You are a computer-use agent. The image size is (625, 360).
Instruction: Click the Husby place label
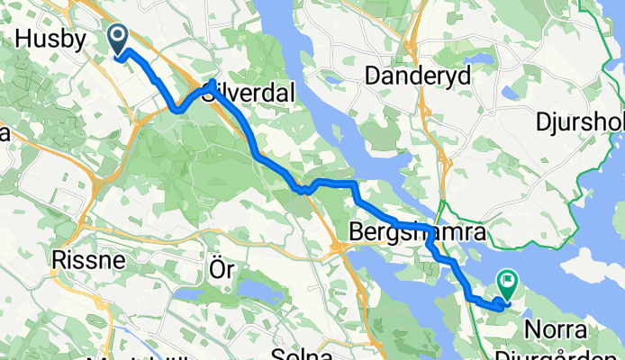click(x=50, y=40)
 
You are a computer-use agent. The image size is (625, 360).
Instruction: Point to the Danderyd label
click(x=418, y=76)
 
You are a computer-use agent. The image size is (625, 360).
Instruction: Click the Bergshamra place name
click(x=418, y=232)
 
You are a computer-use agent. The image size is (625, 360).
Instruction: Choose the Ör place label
click(x=221, y=269)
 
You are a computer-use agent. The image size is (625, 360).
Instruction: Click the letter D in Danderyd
click(x=372, y=76)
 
